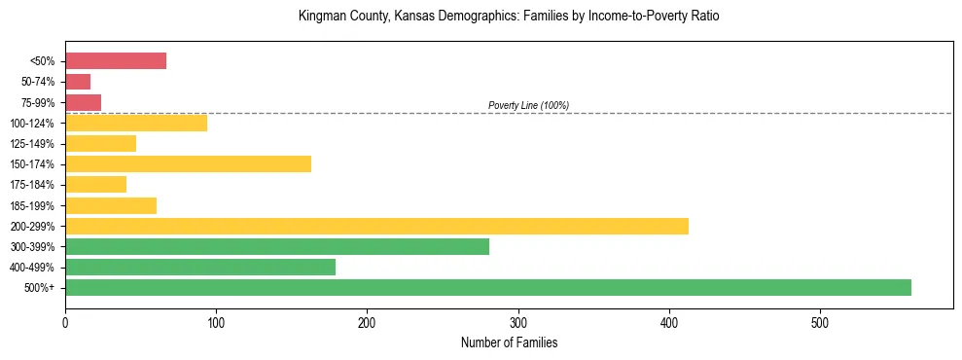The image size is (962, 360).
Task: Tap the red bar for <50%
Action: tap(116, 61)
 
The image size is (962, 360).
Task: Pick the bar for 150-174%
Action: tap(188, 163)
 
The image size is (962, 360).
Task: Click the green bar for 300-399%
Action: tap(277, 246)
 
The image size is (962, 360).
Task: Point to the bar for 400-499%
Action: tap(200, 267)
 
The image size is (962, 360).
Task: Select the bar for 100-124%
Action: tap(136, 123)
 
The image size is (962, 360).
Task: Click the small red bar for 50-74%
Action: tap(78, 82)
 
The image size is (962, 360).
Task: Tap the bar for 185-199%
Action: tap(111, 205)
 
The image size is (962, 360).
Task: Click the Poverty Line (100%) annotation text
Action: tap(528, 105)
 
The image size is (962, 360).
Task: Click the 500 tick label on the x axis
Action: tap(820, 322)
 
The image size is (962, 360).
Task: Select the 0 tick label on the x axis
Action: tap(65, 322)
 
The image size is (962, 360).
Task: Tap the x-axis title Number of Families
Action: tap(509, 342)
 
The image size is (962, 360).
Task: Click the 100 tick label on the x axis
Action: tap(216, 322)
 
